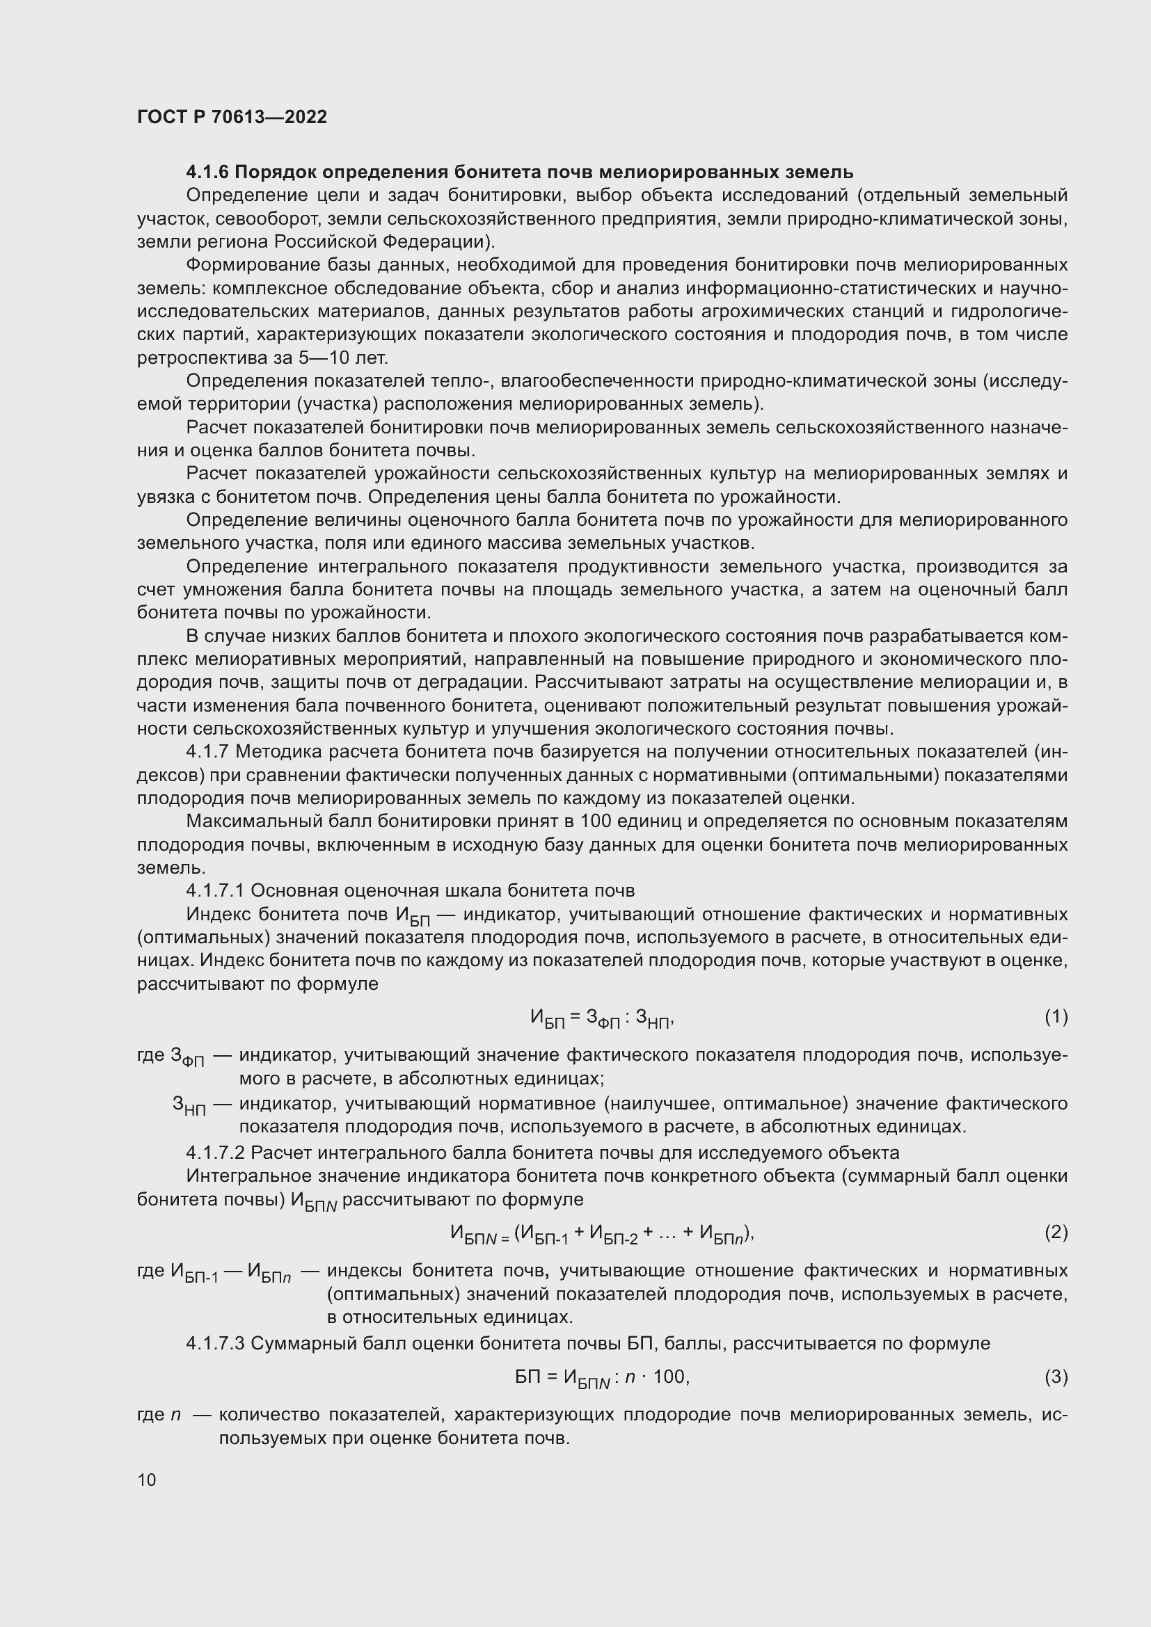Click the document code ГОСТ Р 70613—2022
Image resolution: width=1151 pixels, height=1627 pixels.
[232, 117]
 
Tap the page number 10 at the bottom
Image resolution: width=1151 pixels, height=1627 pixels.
[147, 1479]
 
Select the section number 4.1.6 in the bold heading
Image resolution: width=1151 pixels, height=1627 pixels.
[207, 173]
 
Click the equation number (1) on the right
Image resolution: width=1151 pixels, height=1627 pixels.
[1056, 1016]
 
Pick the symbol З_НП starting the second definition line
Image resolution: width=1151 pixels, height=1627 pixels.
[189, 1105]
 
